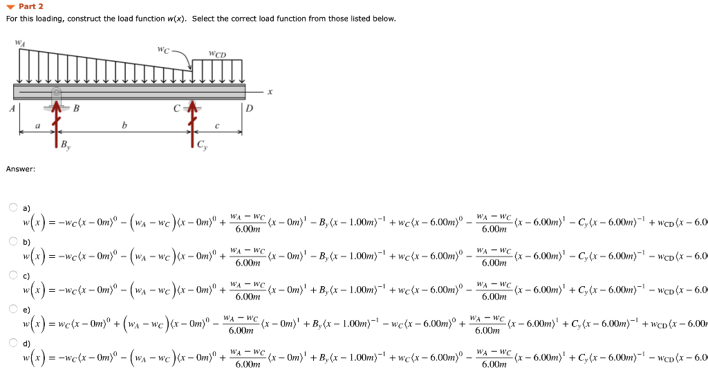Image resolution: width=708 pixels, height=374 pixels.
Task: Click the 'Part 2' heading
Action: tap(31, 6)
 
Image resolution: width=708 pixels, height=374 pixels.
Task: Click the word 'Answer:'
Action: tap(20, 169)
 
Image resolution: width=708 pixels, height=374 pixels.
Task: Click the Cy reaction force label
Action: tap(201, 145)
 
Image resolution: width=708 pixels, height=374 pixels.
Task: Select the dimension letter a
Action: tap(37, 125)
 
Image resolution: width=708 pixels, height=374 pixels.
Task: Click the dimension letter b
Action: tap(124, 125)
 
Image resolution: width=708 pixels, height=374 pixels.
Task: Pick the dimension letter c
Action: tap(217, 125)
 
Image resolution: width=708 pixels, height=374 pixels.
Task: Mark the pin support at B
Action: tap(57, 97)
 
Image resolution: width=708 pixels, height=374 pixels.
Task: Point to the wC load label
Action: tap(162, 50)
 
